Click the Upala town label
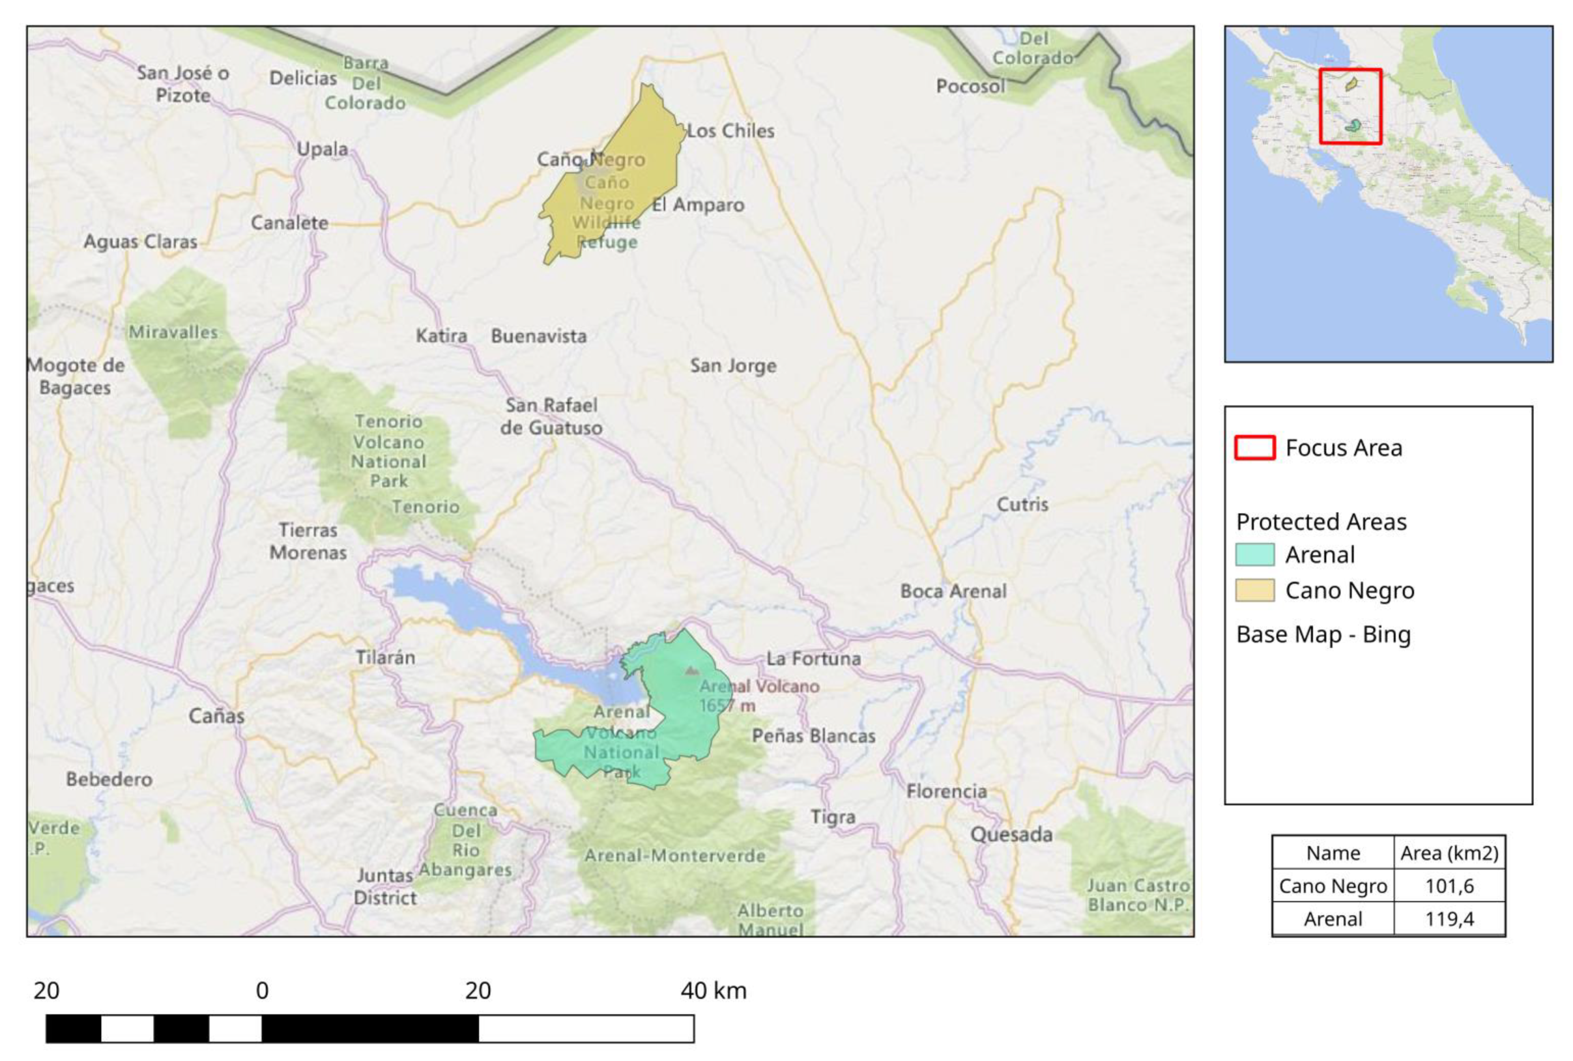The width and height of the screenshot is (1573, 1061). coord(322,149)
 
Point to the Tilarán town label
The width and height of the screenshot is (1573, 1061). coord(385,657)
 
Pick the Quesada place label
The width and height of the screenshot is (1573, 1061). coord(1011,834)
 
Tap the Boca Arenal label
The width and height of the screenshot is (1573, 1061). coord(952,591)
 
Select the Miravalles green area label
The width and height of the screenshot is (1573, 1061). coord(173,332)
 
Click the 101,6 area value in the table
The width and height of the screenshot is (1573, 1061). coord(1449,886)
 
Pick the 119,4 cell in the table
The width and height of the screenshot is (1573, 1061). coord(1449,919)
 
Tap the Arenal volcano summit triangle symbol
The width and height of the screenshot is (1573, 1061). coord(690,671)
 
